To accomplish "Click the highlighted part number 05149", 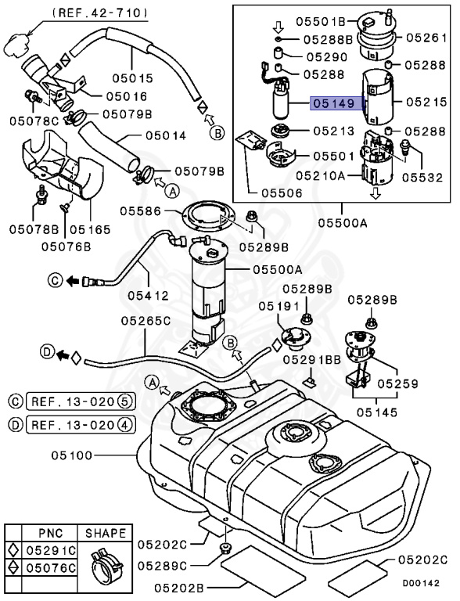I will coord(333,103).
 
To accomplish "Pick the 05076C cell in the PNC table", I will coord(50,567).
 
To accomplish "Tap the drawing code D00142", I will coord(428,584).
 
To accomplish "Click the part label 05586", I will coord(141,211).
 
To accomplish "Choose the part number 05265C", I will coord(146,321).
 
